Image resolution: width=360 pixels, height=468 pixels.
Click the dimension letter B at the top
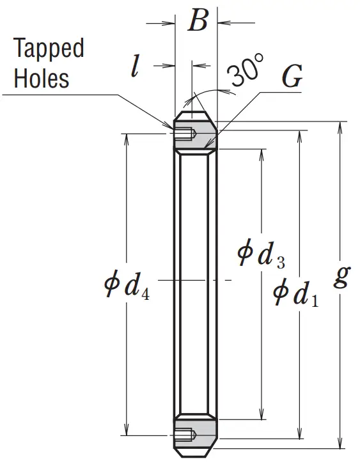(x=198, y=21)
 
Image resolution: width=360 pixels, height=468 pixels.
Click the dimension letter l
(x=135, y=66)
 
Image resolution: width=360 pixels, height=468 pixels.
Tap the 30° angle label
(x=246, y=70)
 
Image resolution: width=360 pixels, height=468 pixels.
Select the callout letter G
(x=292, y=76)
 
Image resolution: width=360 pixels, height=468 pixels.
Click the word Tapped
(x=49, y=47)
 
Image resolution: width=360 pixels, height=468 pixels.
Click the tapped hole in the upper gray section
(x=185, y=134)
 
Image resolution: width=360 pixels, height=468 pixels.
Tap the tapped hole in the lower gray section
(x=185, y=435)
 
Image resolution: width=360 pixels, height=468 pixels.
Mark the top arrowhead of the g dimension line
(x=340, y=127)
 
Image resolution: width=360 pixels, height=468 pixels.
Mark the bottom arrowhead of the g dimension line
(x=340, y=443)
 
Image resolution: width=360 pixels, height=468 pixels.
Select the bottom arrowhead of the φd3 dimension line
(x=262, y=414)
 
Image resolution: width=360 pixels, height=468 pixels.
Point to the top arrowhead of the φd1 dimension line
(x=299, y=136)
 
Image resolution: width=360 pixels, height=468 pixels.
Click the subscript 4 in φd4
(x=145, y=295)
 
